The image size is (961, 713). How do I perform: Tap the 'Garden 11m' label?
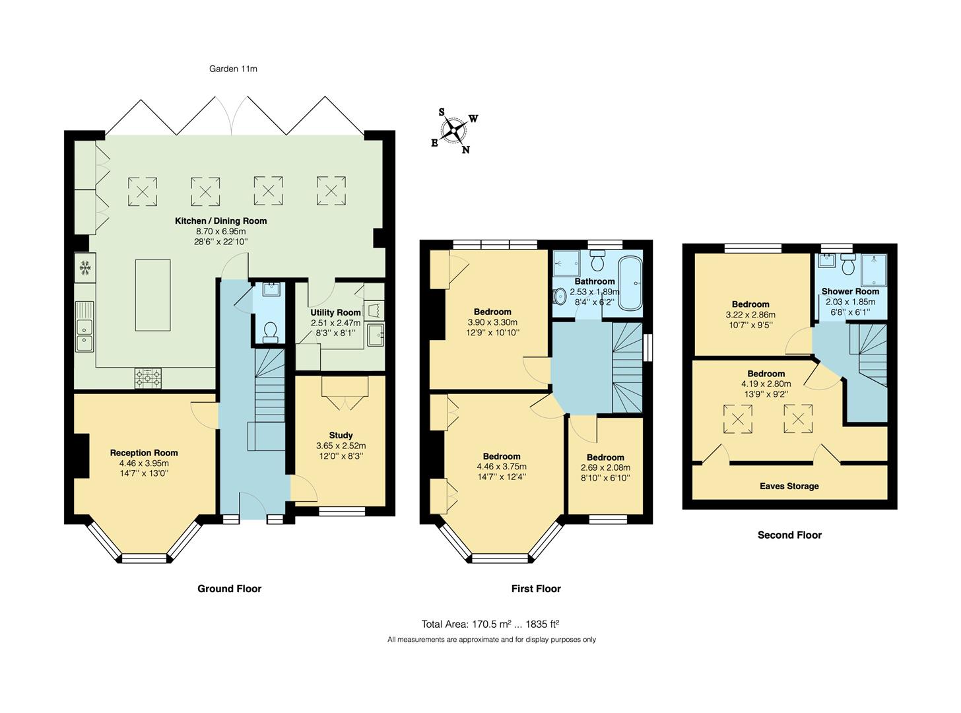[233, 69]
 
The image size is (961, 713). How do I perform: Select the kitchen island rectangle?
[152, 295]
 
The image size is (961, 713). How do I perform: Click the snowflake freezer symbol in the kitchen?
[84, 267]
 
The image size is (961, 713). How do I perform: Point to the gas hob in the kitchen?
[148, 378]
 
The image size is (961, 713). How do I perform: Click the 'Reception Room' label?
[144, 453]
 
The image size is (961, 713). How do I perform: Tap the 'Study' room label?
[341, 435]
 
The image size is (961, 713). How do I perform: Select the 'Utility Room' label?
[336, 312]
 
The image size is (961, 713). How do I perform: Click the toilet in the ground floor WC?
[270, 331]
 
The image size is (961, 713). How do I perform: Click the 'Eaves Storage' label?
[789, 486]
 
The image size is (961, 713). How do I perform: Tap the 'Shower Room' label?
[850, 291]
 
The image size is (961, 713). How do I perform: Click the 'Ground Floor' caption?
[229, 589]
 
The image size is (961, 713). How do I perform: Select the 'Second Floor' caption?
[789, 535]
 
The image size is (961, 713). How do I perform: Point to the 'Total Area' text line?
[490, 624]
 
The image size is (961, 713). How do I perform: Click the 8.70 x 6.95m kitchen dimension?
[220, 231]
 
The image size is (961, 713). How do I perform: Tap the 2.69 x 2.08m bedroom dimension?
[605, 467]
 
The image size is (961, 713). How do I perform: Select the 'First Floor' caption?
[535, 589]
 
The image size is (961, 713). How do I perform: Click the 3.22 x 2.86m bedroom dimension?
[750, 315]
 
